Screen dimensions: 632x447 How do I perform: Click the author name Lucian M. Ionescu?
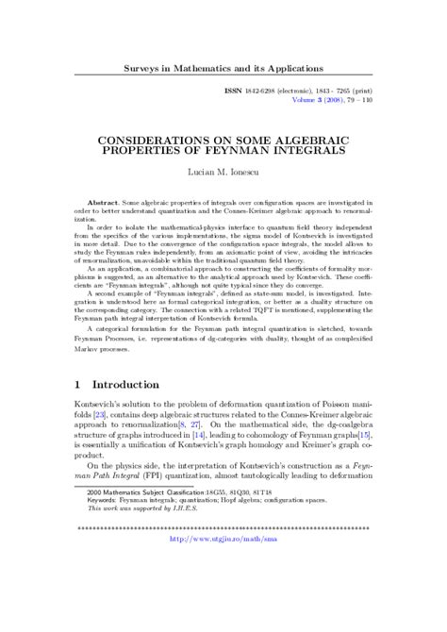(x=223, y=176)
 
